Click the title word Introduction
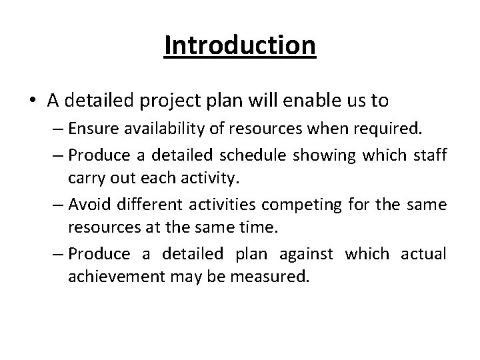pyautogui.click(x=240, y=46)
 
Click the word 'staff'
pyautogui.click(x=427, y=156)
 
